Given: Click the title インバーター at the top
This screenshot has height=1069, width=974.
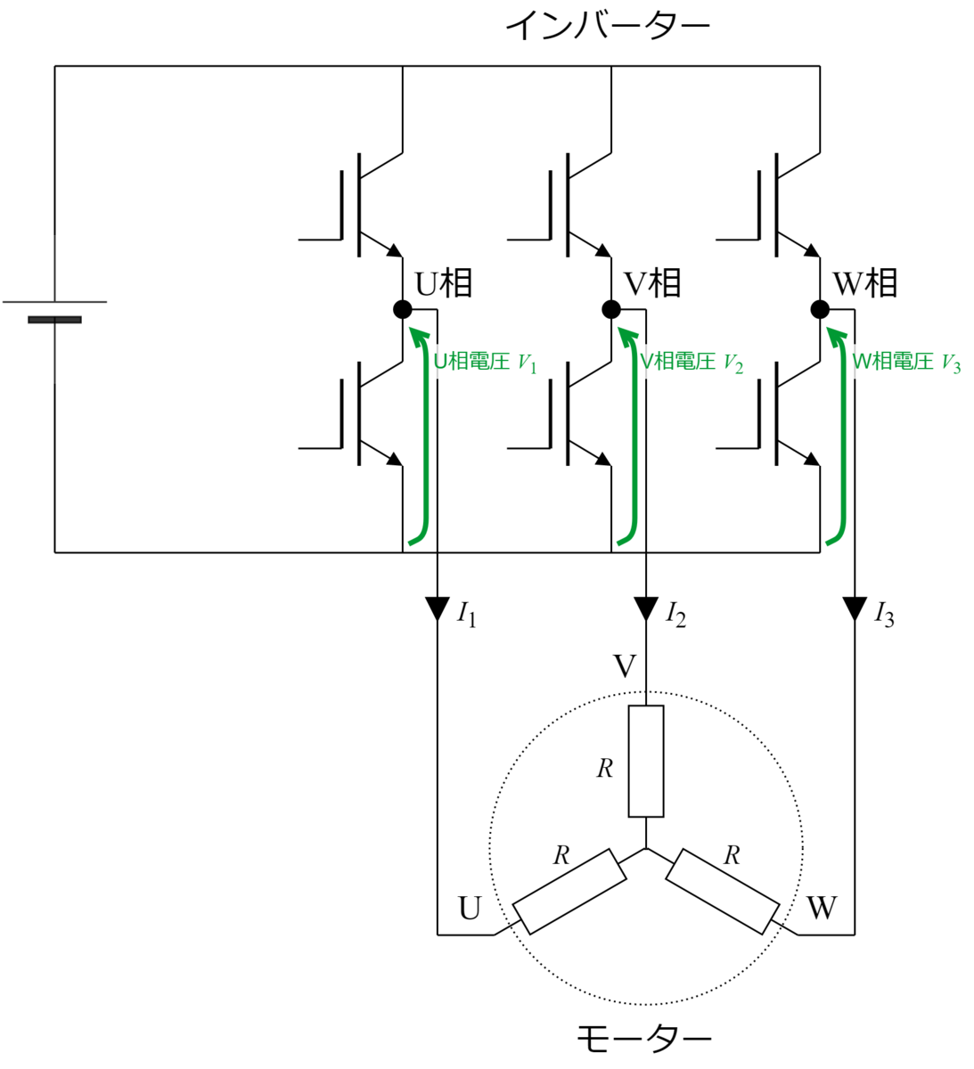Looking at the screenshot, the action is (x=607, y=25).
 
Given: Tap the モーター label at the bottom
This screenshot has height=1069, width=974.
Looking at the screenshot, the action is (x=643, y=1038).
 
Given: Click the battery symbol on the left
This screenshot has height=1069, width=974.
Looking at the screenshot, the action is (x=54, y=311).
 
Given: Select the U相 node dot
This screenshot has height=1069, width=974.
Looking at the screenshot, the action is (x=403, y=309).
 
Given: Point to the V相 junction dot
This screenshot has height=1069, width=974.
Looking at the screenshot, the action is (x=611, y=309).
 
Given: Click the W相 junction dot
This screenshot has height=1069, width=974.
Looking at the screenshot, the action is (x=820, y=309).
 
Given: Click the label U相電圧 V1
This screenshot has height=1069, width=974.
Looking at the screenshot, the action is (x=485, y=363).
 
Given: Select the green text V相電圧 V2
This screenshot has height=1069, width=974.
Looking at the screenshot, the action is (x=691, y=363).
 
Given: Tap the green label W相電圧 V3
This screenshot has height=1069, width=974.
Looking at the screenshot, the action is (x=906, y=363).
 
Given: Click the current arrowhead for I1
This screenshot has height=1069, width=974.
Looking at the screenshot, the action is (x=438, y=608).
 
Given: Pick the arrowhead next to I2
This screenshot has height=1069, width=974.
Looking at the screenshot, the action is (x=646, y=608).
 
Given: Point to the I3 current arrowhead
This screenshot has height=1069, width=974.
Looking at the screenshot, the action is (x=855, y=608).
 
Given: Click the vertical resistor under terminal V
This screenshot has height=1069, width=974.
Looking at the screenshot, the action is (x=646, y=761).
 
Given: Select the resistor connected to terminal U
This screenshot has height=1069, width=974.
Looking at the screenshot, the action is (x=569, y=891).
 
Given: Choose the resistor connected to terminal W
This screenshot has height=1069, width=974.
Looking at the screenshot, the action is (x=723, y=891).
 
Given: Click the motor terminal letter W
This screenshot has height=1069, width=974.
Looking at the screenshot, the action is (x=822, y=908).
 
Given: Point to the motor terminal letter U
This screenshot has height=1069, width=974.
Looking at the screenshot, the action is (x=470, y=909).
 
